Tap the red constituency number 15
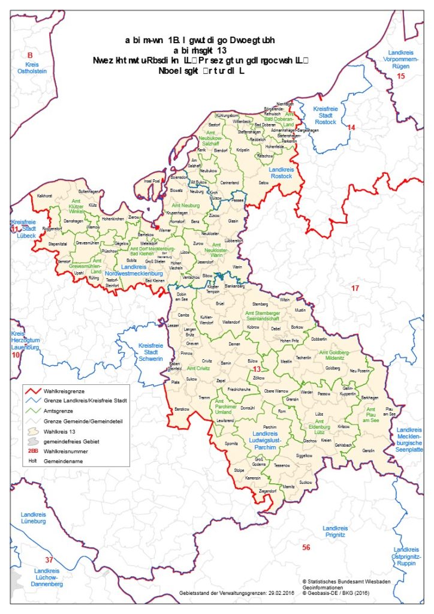401,76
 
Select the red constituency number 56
306,547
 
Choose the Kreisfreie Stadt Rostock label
325,115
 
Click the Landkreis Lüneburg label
33,518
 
